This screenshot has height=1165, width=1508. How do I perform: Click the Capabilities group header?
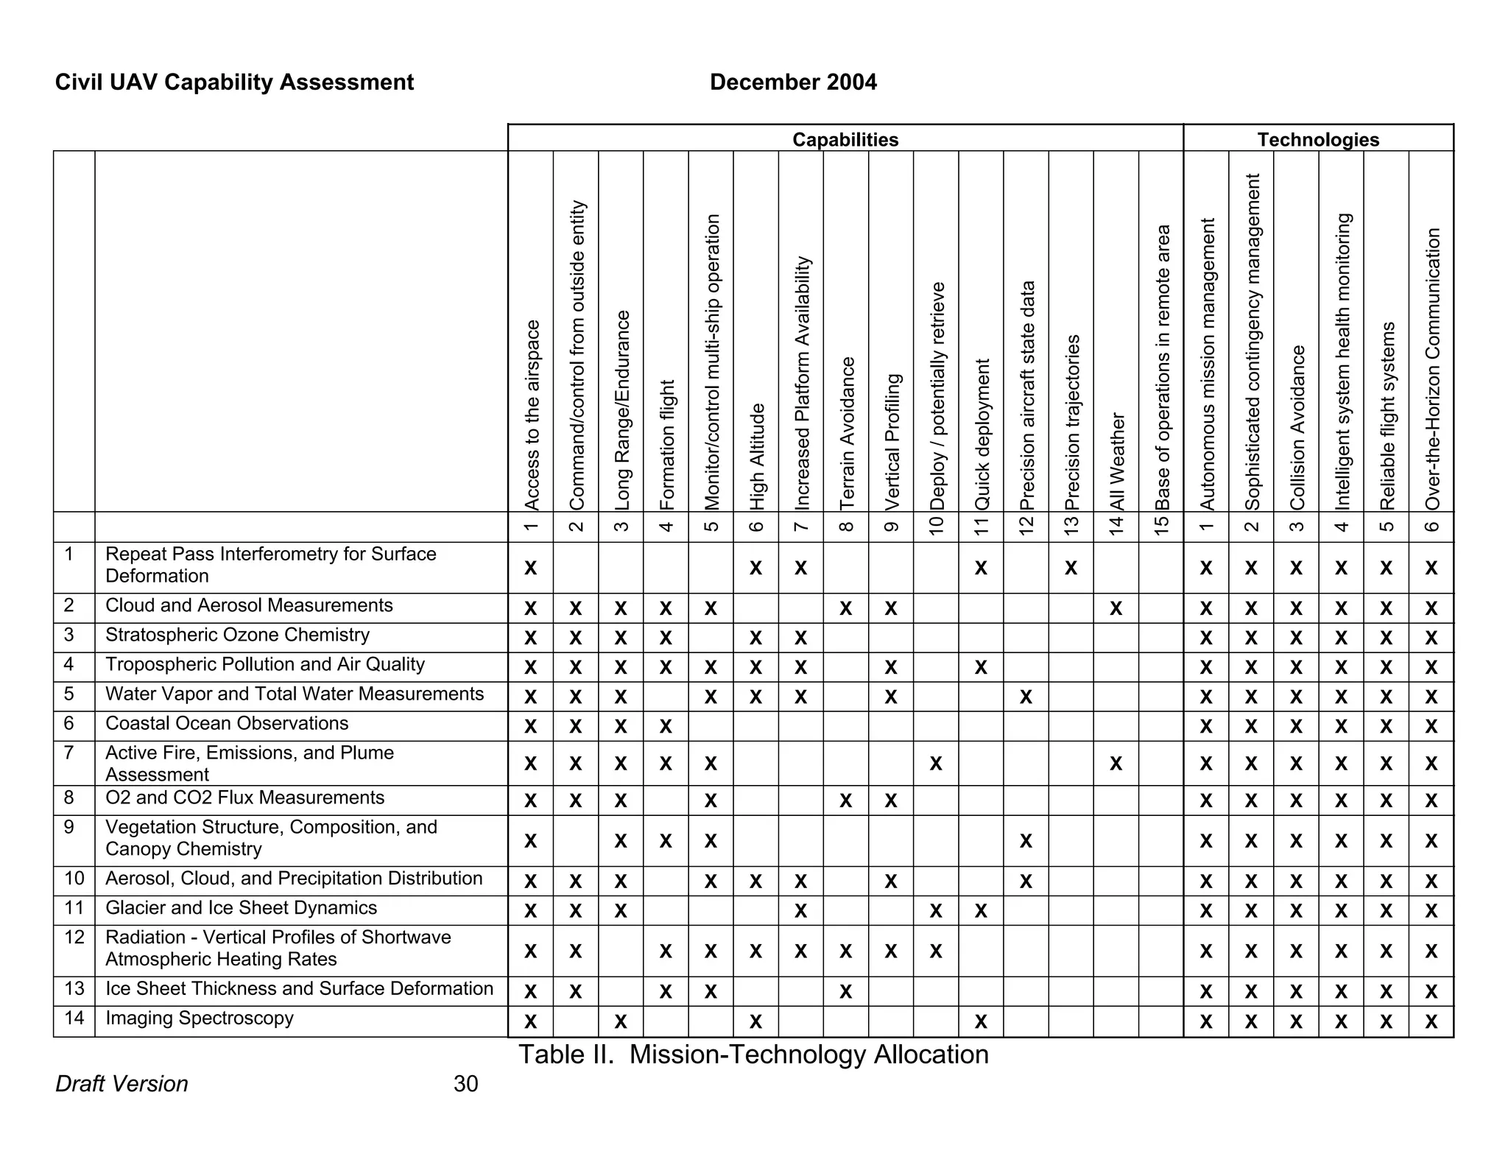click(x=845, y=139)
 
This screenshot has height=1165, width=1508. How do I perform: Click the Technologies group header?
click(x=1317, y=139)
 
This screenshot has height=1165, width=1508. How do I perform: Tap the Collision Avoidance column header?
click(x=1297, y=427)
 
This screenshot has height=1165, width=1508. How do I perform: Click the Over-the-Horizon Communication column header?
click(x=1431, y=368)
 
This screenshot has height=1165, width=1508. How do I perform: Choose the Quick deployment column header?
click(x=982, y=434)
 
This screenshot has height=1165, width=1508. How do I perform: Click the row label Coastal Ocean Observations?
click(x=227, y=724)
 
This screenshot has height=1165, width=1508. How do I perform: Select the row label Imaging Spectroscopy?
click(x=200, y=1018)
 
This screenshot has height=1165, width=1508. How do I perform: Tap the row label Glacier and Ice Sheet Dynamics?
click(x=241, y=908)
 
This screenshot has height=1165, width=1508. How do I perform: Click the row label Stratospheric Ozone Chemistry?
click(x=237, y=636)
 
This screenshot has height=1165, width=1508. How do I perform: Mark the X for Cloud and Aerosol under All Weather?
click(x=1116, y=608)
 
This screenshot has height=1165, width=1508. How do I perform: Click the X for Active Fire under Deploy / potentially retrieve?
click(x=935, y=764)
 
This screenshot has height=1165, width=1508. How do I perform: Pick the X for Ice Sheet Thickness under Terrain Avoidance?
click(x=845, y=992)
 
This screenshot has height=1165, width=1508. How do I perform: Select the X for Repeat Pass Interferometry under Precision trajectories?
click(x=1071, y=568)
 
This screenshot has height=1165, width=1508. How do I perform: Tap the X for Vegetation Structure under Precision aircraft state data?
click(x=1026, y=841)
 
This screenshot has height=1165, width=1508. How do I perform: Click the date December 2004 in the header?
click(x=793, y=82)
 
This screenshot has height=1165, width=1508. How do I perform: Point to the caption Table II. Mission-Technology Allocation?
click(x=753, y=1055)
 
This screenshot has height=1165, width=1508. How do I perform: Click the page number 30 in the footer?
click(x=465, y=1084)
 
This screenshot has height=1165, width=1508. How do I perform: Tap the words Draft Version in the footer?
click(x=121, y=1084)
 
